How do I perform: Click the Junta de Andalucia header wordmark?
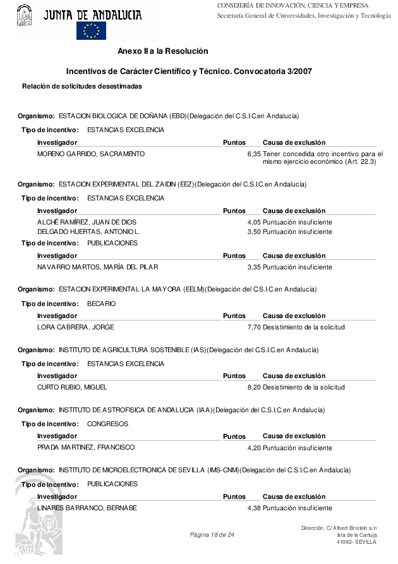[92, 13]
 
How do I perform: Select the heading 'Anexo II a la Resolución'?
[162, 51]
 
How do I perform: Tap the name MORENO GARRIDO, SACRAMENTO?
[91, 154]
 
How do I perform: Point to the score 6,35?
[254, 154]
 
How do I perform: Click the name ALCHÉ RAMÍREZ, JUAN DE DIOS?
[87, 223]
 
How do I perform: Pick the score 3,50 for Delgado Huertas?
[254, 232]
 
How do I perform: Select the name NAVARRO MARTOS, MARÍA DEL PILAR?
[97, 267]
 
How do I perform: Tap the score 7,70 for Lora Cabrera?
[254, 328]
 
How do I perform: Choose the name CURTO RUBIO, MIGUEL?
[72, 387]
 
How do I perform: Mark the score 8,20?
[254, 387]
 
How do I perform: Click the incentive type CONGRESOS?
[107, 424]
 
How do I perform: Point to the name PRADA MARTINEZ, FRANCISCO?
[86, 448]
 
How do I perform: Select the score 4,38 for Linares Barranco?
[254, 508]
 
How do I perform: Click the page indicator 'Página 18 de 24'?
[212, 536]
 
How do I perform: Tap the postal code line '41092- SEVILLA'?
[356, 542]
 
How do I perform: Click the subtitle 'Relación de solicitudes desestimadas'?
[82, 86]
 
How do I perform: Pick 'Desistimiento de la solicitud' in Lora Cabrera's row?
[304, 328]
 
